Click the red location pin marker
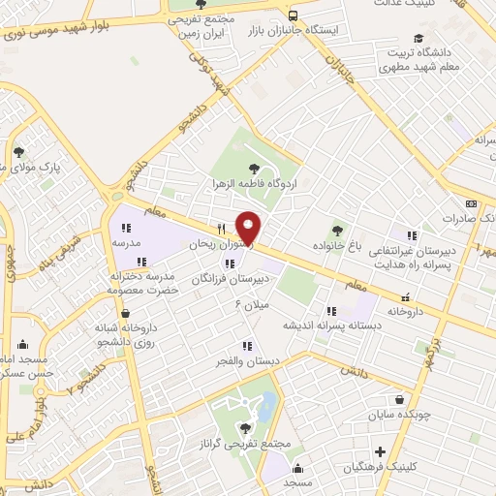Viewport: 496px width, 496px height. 249,229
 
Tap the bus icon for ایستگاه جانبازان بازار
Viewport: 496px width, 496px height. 293,15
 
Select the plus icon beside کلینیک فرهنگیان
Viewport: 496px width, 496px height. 381,451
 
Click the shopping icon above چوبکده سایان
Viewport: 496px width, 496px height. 399,399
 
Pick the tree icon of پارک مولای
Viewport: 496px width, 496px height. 18,151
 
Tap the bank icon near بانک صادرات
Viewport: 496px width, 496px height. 471,203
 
